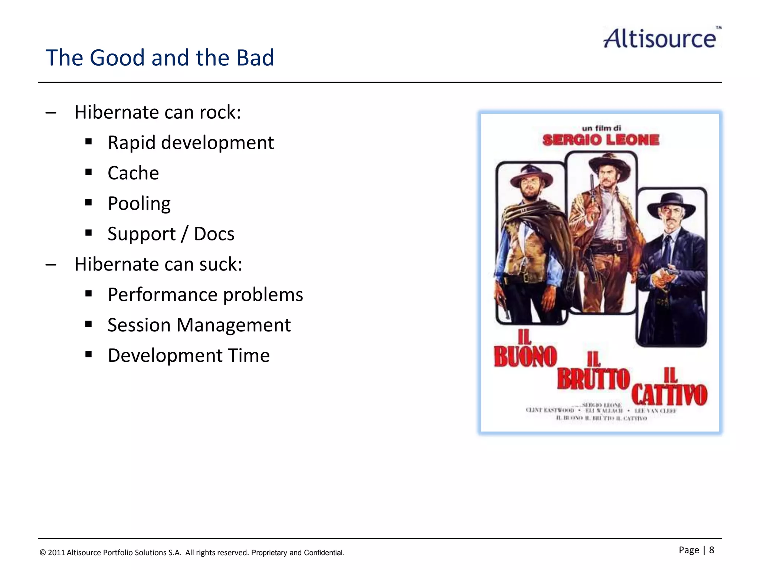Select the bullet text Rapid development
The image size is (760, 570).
tap(191, 143)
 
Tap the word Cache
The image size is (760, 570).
tap(133, 173)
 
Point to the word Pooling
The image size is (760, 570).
tap(139, 204)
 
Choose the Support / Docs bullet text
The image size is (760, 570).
tap(171, 234)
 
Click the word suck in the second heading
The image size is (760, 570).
tap(220, 265)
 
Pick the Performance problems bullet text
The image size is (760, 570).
tap(205, 295)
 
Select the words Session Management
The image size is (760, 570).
tap(199, 325)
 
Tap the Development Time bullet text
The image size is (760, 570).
tap(189, 356)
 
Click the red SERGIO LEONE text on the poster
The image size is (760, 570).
tap(601, 140)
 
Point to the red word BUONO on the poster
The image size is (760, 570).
tap(525, 357)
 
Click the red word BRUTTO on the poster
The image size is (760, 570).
tap(593, 379)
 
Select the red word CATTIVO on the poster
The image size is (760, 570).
tap(669, 395)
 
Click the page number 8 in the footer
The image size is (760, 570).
tap(711, 550)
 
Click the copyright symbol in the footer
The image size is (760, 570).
tap(43, 553)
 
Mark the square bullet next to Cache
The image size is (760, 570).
tap(88, 172)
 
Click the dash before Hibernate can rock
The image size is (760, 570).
tap(51, 112)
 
